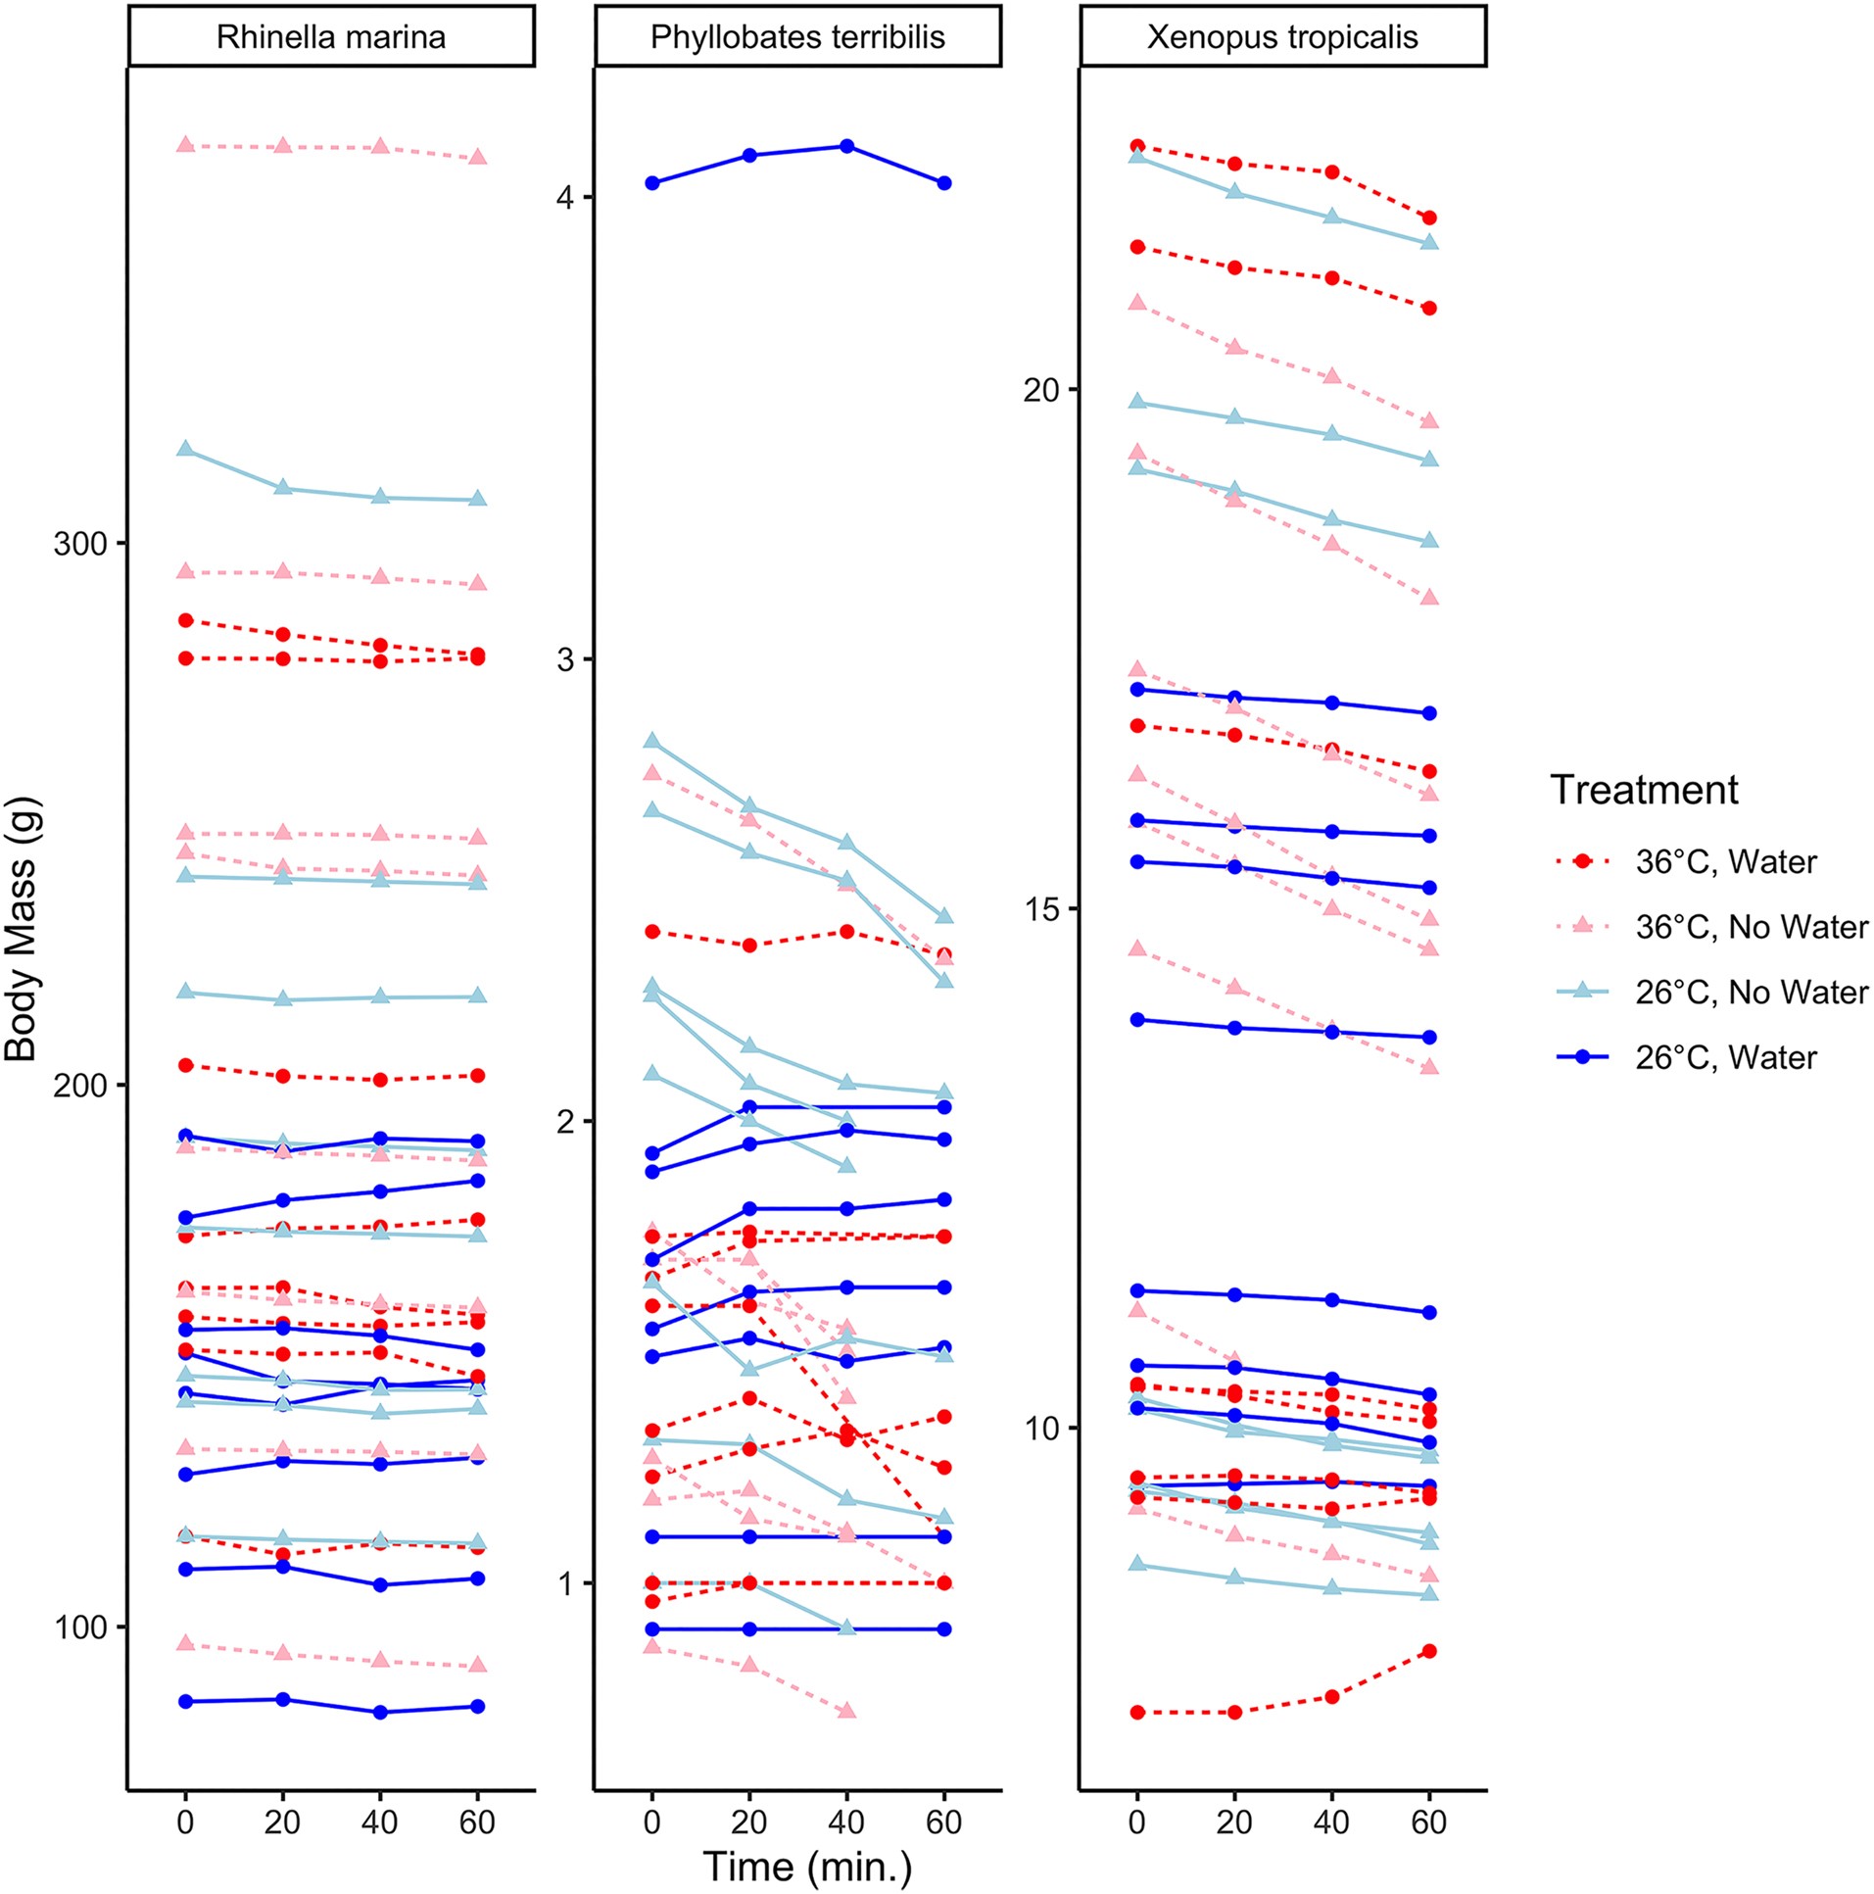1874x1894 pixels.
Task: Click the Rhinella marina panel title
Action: click(330, 37)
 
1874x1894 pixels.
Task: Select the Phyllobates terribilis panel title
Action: click(796, 37)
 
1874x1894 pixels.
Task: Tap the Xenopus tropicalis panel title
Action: click(1282, 37)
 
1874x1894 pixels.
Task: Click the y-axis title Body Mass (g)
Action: click(21, 929)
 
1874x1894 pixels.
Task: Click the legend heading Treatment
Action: click(1644, 790)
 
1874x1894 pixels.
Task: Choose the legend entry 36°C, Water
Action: click(1725, 861)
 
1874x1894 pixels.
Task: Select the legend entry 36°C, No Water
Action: click(1751, 927)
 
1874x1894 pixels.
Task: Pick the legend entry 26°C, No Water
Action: click(1751, 993)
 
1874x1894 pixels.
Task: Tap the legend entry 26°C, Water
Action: click(1725, 1058)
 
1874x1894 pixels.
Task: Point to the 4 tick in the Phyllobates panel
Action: click(564, 198)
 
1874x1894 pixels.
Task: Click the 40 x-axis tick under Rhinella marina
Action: click(380, 1822)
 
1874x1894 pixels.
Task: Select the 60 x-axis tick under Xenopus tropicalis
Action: click(1429, 1822)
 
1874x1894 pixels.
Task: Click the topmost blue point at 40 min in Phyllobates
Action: click(846, 147)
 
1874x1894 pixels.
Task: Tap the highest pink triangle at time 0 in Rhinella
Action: click(185, 145)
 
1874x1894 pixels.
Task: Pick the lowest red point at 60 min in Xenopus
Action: click(1429, 1651)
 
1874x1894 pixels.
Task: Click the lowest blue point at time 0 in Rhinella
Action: click(185, 1701)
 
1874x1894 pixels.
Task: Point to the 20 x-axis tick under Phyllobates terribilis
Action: click(749, 1822)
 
